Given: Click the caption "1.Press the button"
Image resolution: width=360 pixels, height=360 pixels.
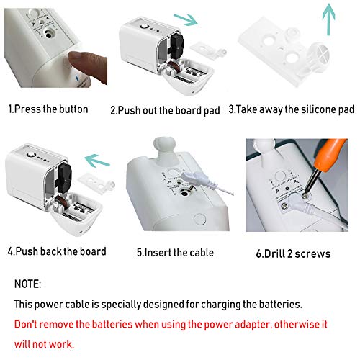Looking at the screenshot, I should [48, 109].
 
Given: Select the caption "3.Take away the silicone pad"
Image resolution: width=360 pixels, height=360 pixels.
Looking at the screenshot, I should [292, 110].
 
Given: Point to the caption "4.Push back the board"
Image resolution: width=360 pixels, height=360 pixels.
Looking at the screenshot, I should [57, 251].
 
